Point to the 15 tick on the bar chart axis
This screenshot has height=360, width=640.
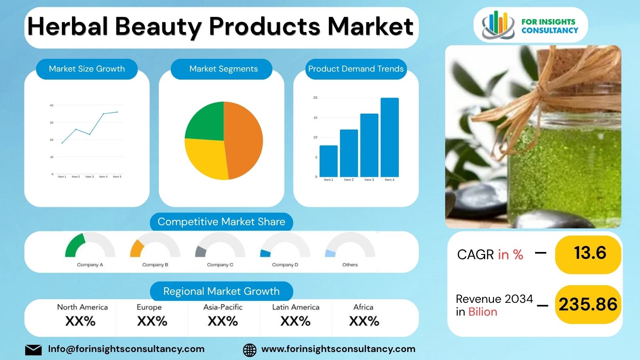[x=315, y=118]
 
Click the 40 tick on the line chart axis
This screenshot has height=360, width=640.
[x=52, y=106]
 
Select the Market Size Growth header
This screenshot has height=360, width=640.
[x=87, y=69]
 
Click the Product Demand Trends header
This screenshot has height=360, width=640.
[x=356, y=69]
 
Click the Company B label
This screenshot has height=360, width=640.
[x=155, y=265]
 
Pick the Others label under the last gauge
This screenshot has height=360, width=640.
[x=350, y=265]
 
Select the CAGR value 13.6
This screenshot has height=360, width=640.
[x=590, y=253]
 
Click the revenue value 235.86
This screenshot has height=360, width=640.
[x=588, y=305]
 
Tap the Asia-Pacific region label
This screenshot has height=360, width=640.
[x=223, y=307]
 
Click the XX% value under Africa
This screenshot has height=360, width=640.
[x=364, y=321]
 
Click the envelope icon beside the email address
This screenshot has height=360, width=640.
[x=33, y=350]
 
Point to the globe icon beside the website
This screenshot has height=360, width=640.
[x=250, y=350]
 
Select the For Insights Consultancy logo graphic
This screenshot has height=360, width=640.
[x=498, y=25]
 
